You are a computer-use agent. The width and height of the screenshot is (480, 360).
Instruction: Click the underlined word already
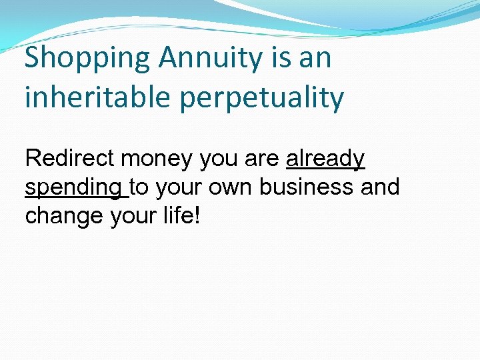click(x=325, y=160)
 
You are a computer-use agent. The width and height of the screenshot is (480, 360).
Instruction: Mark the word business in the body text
click(x=307, y=188)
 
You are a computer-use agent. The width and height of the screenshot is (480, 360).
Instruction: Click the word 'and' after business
click(x=380, y=188)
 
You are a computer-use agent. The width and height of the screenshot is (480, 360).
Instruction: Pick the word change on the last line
click(x=63, y=217)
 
